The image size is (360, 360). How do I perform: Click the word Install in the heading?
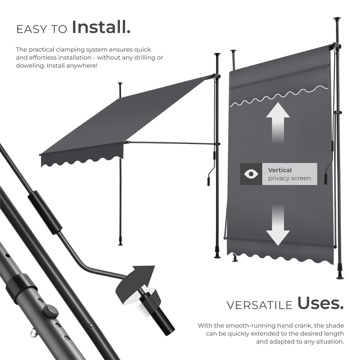coord(101,27)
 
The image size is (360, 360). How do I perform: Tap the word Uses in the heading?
coord(320,303)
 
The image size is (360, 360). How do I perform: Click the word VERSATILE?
coord(259,305)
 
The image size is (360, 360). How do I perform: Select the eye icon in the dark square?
coord(251,174)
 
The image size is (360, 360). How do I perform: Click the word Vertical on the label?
coord(280,170)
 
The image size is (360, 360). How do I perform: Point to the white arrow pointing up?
coord(277,122)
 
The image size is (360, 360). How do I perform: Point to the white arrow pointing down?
coord(277,225)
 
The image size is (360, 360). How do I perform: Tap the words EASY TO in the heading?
coord(42,29)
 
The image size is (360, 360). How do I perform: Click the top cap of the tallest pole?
coord(337,18)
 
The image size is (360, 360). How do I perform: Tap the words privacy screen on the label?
coord(289,178)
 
